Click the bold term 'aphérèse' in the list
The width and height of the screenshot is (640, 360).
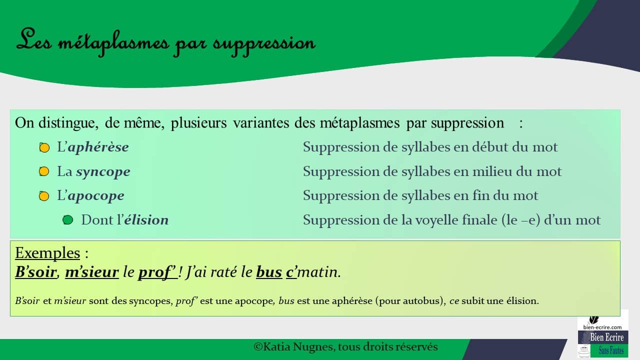coord(98,147)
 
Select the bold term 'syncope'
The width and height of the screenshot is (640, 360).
coord(103,171)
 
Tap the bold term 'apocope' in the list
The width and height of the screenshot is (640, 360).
coord(95,195)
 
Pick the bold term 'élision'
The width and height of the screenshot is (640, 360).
coord(146,220)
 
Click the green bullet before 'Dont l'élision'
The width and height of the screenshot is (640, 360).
coord(68,220)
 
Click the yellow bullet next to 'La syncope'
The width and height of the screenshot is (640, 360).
coord(44,172)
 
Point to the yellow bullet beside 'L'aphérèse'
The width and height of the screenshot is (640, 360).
coord(44,148)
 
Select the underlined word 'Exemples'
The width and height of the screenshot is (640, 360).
coord(47,253)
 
